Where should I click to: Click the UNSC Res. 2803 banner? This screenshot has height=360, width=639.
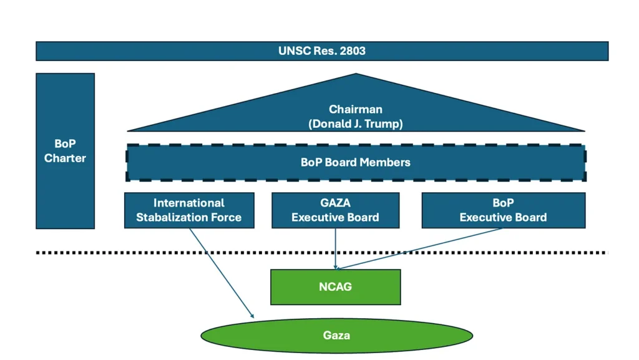[x=321, y=51]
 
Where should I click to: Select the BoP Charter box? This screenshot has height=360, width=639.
[x=65, y=151]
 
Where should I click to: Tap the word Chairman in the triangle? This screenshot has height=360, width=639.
[x=356, y=110]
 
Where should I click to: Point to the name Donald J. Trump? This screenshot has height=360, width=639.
[x=356, y=124]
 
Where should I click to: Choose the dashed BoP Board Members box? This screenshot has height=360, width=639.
[x=356, y=163]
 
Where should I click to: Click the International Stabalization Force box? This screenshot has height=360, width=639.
[x=189, y=210]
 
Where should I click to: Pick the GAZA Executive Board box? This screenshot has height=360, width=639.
[x=335, y=210]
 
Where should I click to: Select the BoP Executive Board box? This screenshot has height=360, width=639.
[x=503, y=210]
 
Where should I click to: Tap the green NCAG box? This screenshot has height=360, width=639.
[x=335, y=287]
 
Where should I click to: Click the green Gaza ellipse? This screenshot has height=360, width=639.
[x=336, y=336]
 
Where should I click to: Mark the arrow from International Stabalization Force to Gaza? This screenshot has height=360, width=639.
[x=222, y=273]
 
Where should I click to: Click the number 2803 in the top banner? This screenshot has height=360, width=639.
[x=353, y=51]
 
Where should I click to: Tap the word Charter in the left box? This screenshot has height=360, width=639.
[x=65, y=158]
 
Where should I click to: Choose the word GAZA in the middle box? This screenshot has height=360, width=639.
[x=335, y=203]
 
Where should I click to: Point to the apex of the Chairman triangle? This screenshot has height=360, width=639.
[x=356, y=75]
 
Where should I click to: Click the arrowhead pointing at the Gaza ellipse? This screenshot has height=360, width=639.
[x=252, y=316]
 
